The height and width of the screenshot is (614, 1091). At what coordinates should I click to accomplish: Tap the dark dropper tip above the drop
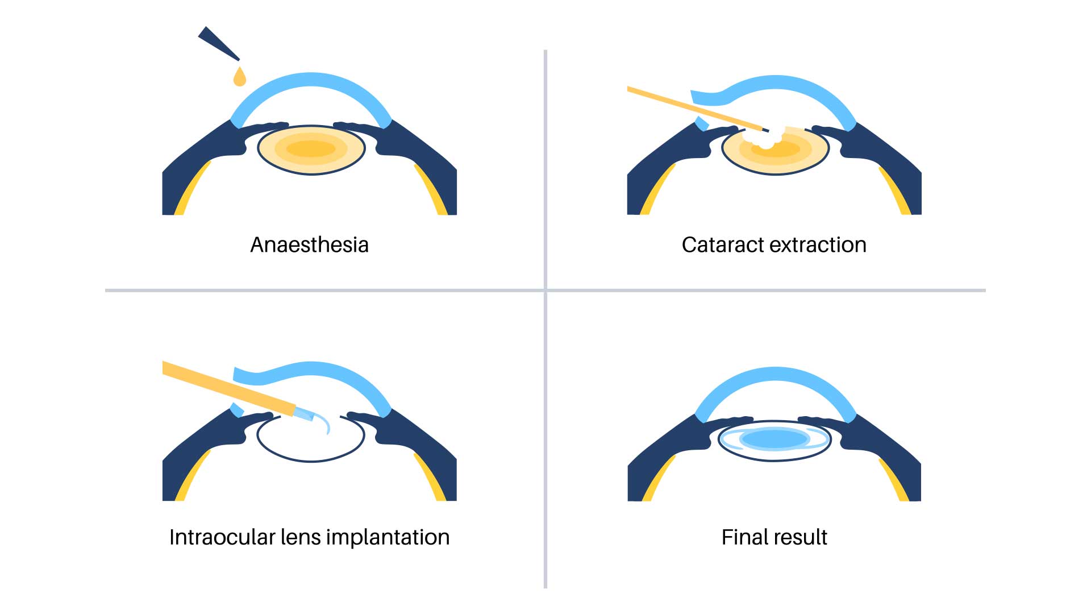219,43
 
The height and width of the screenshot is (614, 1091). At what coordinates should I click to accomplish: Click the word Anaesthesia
310,245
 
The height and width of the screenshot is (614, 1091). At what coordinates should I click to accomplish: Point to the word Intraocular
222,537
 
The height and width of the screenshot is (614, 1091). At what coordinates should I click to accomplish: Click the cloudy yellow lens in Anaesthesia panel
311,149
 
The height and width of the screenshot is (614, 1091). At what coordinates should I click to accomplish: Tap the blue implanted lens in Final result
775,439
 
